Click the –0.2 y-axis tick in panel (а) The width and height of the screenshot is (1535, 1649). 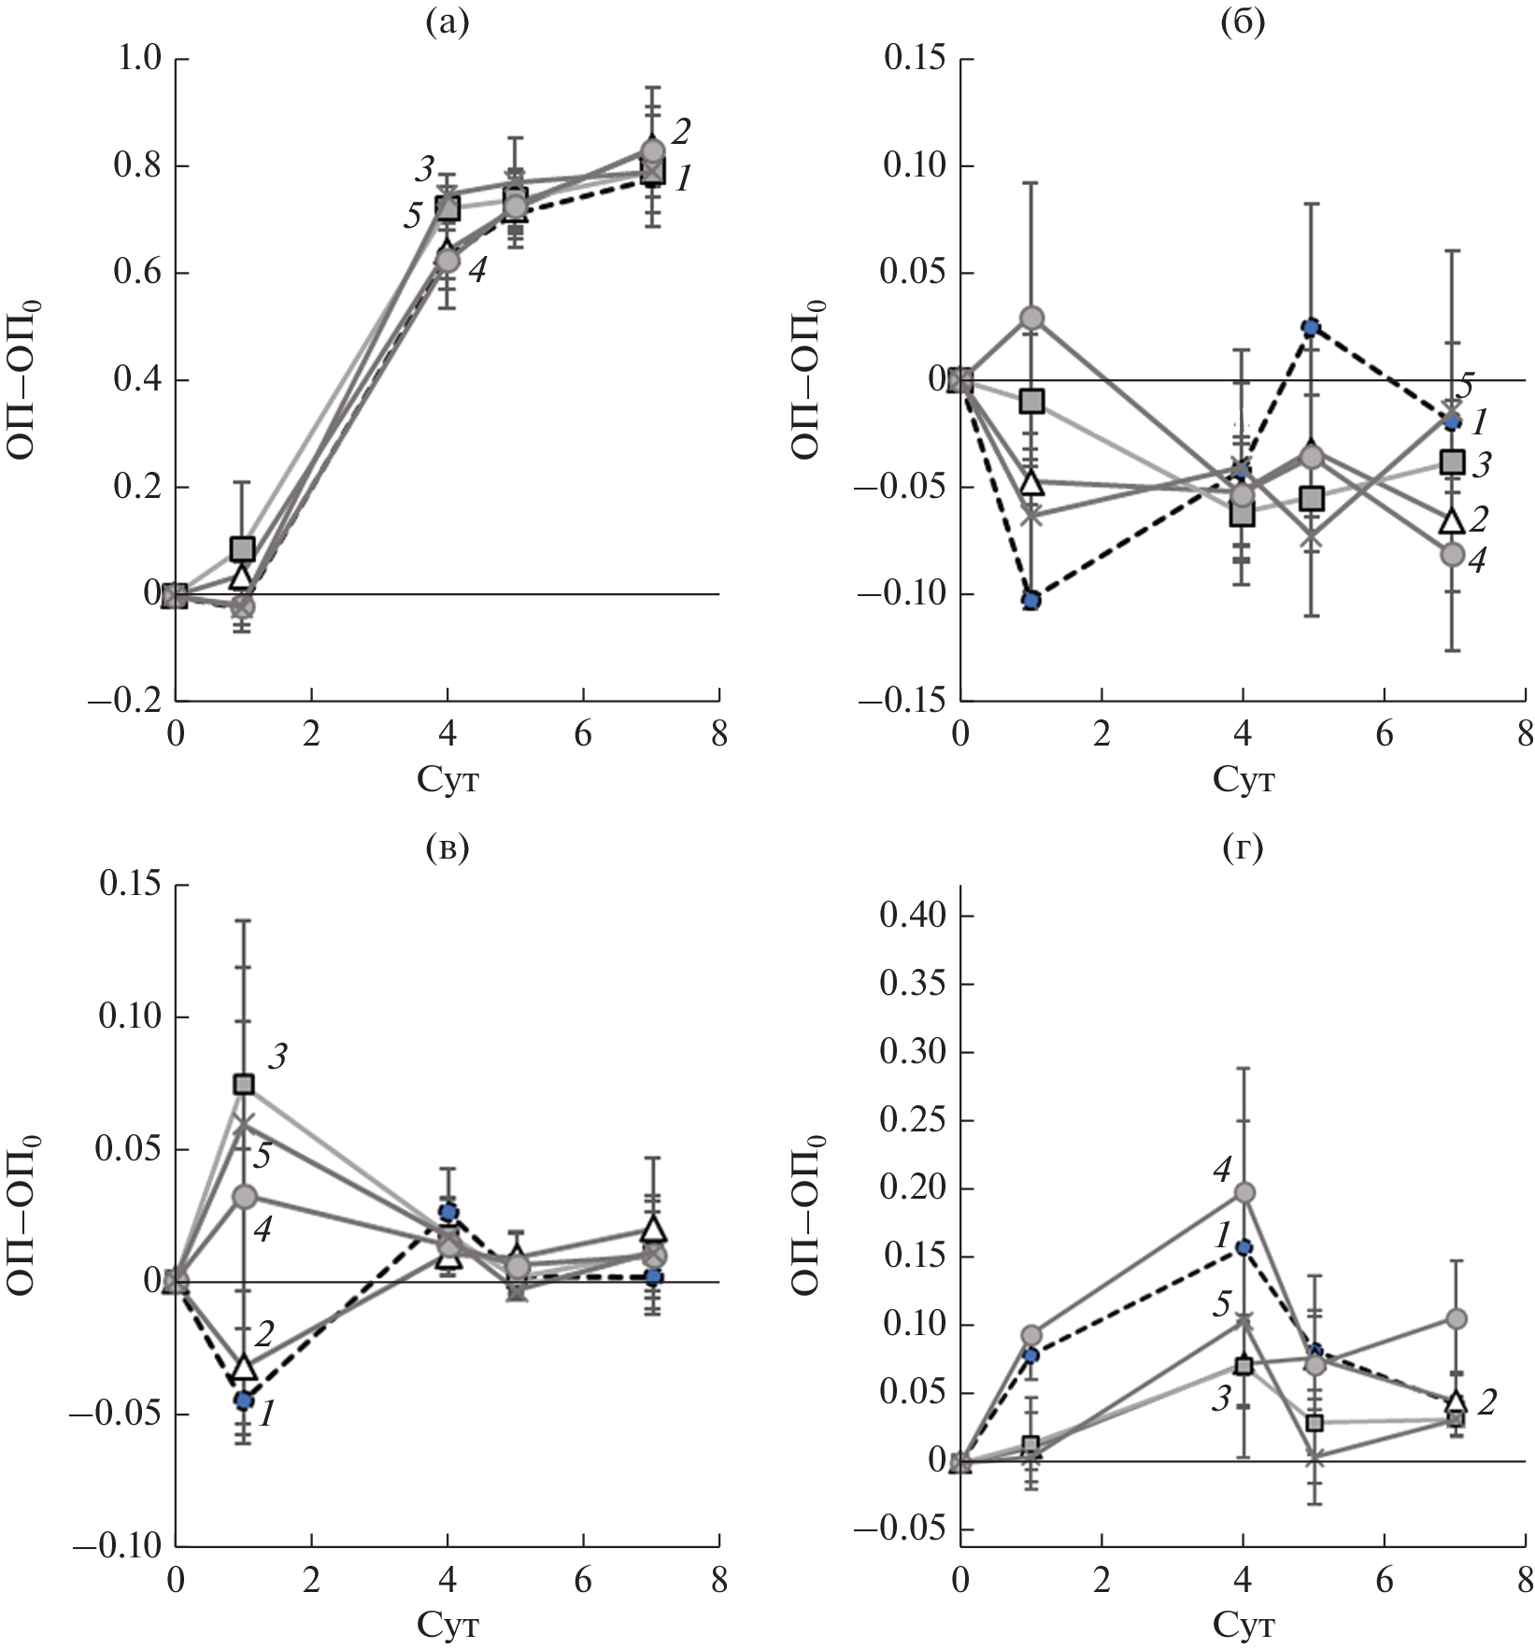124,702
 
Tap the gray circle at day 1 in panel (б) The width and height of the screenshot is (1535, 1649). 1031,318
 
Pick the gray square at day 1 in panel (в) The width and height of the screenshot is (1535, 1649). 244,1084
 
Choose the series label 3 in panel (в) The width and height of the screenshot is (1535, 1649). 277,1058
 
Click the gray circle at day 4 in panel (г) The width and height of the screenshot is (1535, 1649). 1244,1192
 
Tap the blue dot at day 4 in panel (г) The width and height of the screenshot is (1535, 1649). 1244,1246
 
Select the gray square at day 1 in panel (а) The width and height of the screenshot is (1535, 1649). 242,547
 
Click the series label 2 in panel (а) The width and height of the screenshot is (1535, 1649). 681,132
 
